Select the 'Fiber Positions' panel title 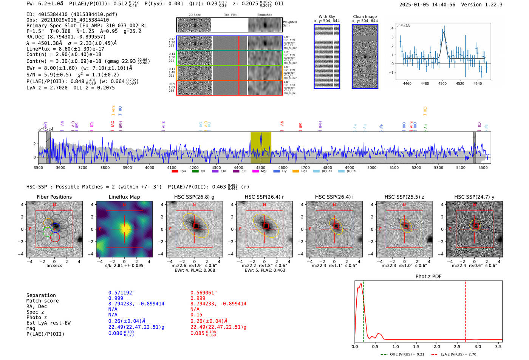(x=54, y=197)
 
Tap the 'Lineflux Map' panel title (x=124, y=197)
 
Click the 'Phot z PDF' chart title (x=428, y=277)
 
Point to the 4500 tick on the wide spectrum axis (x=260, y=167)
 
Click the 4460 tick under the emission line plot (x=407, y=83)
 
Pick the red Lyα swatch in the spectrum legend (x=175, y=171)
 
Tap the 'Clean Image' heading (x=365, y=17)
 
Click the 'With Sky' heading (x=326, y=17)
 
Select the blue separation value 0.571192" (x=121, y=293)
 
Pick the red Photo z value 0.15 (x=196, y=315)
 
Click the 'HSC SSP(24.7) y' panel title (x=474, y=197)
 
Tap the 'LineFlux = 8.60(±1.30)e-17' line (x=65, y=49)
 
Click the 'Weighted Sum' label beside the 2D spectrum (x=289, y=23)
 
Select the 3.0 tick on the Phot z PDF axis (x=478, y=346)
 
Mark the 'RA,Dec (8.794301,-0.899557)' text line (x=66, y=37)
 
